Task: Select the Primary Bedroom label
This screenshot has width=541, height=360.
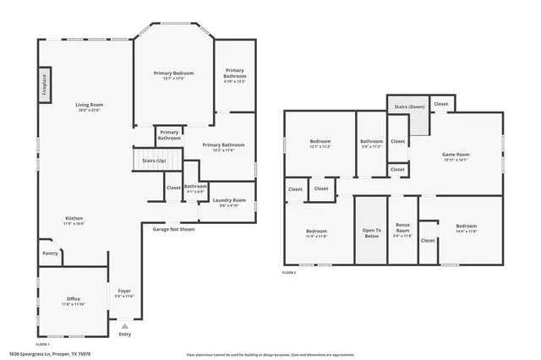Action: tap(173, 74)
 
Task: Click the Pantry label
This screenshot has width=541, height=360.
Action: tap(50, 253)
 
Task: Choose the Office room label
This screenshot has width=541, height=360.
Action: tap(74, 299)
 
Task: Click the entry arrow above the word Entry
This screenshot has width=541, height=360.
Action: tap(125, 325)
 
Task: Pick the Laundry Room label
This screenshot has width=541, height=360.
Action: tap(228, 200)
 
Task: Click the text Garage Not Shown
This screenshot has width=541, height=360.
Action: tap(173, 229)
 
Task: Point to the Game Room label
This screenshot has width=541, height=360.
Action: tap(456, 155)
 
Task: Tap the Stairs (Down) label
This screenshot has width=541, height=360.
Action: tap(409, 106)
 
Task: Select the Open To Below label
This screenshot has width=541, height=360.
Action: tap(372, 232)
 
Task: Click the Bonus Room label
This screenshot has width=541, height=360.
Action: tap(402, 229)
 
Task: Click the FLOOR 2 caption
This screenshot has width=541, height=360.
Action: tap(289, 273)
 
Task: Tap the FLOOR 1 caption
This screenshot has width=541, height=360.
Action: tap(42, 344)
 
